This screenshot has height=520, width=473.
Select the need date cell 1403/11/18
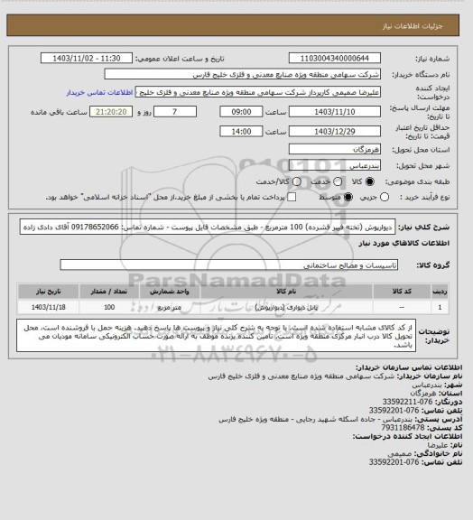[x=41, y=307]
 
